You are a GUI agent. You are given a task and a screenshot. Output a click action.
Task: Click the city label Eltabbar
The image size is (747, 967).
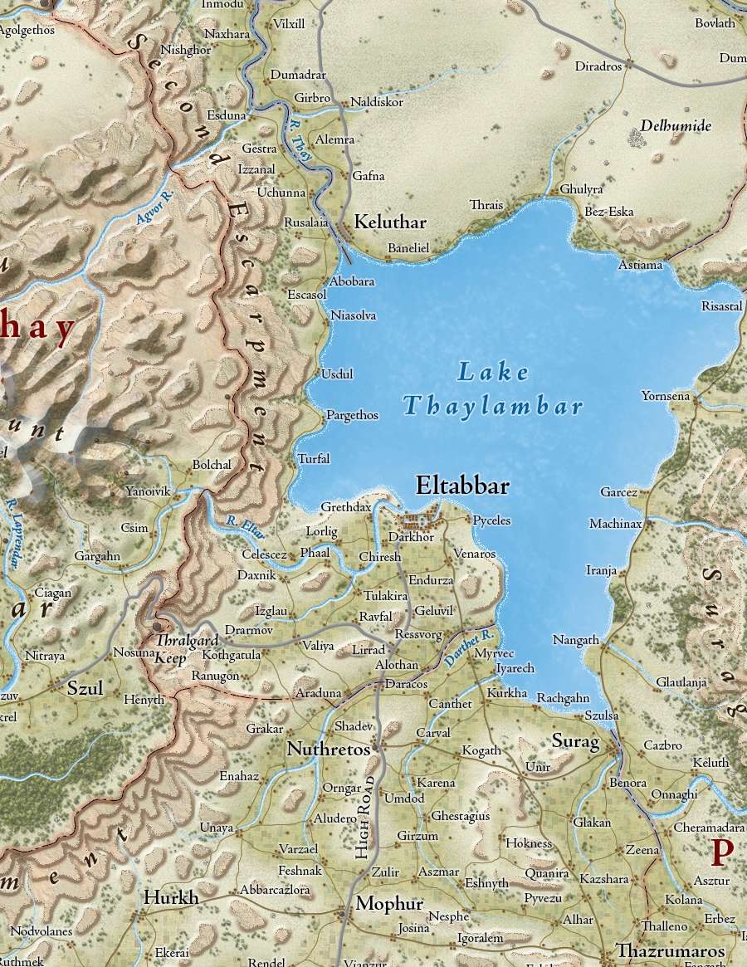pyautogui.click(x=461, y=486)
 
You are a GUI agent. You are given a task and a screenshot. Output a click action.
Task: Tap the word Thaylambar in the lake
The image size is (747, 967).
pyautogui.click(x=493, y=407)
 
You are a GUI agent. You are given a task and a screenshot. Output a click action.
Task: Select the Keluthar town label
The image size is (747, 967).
pyautogui.click(x=390, y=222)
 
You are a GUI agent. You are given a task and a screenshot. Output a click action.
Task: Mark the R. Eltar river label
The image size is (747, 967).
pyautogui.click(x=245, y=526)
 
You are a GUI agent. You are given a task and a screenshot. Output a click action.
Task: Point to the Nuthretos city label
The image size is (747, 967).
pyautogui.click(x=328, y=750)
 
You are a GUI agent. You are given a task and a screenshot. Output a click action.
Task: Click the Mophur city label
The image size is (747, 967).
pyautogui.click(x=389, y=904)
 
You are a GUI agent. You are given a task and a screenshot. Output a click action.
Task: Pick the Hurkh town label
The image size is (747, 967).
pyautogui.click(x=171, y=898)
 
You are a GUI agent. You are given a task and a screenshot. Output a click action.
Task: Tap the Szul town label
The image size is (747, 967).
pyautogui.click(x=84, y=687)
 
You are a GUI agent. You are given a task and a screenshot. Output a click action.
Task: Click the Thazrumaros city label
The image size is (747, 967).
pyautogui.click(x=670, y=951)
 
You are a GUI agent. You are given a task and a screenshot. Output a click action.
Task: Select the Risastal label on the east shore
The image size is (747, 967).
pyautogui.click(x=721, y=306)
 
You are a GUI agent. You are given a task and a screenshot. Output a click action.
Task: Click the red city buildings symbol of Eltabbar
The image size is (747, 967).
pyautogui.click(x=418, y=522)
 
